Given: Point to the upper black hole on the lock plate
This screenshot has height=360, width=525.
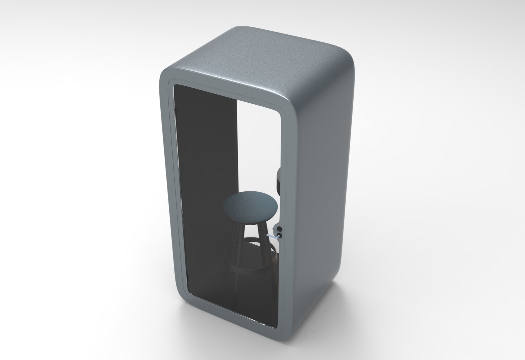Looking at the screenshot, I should [x=280, y=229].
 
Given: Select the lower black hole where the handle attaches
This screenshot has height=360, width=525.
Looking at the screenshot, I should [x=280, y=235].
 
